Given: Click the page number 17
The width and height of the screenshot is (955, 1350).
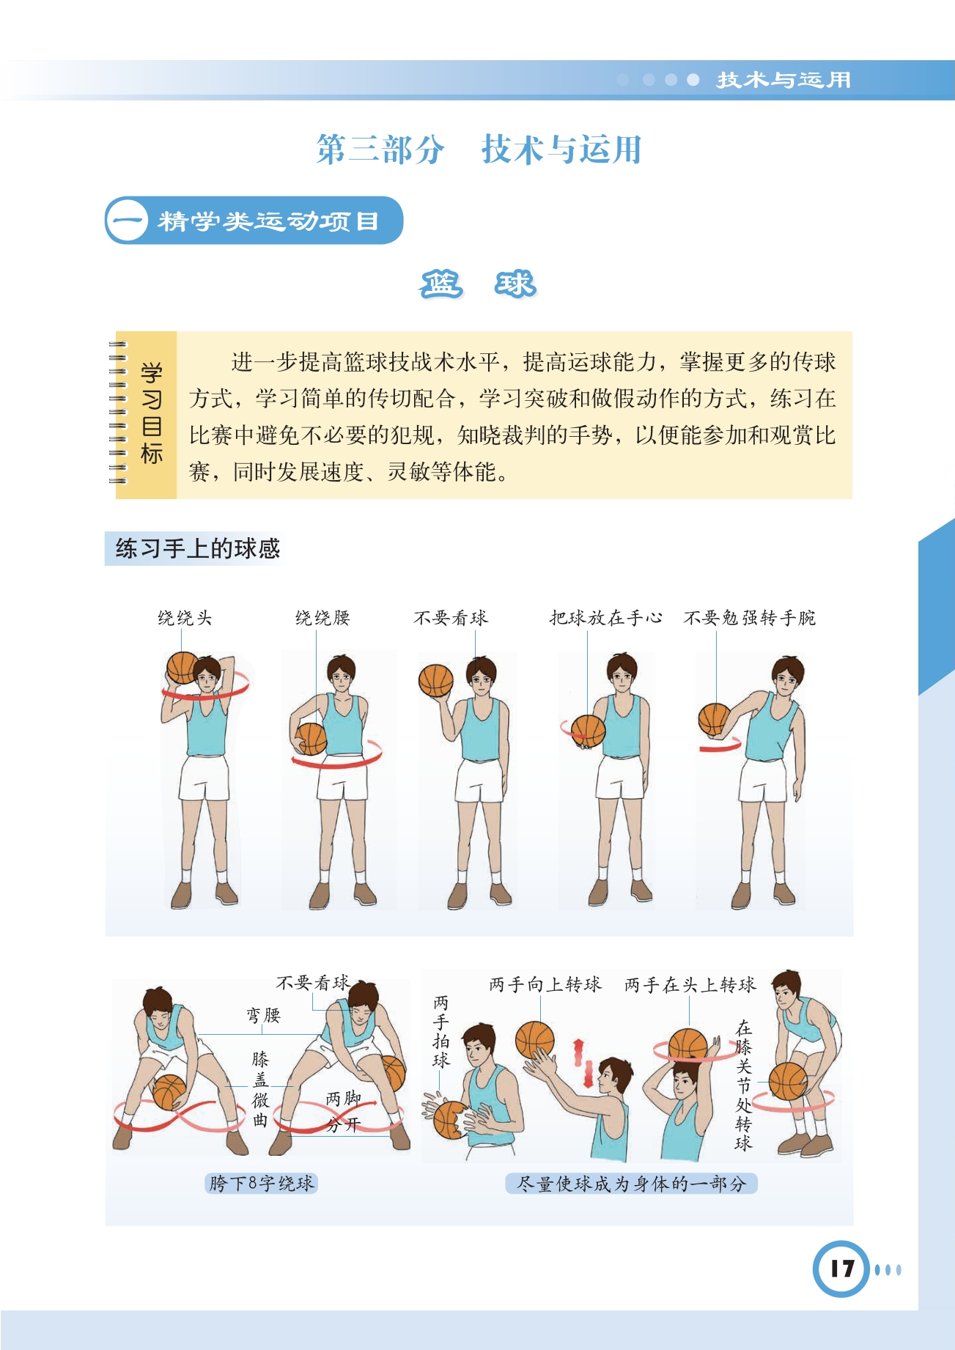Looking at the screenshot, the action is pyautogui.click(x=842, y=1269).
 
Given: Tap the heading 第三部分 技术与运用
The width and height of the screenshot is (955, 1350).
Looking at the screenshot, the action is pyautogui.click(x=479, y=150).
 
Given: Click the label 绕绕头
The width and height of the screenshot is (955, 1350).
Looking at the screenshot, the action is pyautogui.click(x=185, y=618).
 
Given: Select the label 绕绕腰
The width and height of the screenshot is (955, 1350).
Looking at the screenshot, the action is pyautogui.click(x=322, y=618).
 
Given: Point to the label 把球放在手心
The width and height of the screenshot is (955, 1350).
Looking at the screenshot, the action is pyautogui.click(x=605, y=618).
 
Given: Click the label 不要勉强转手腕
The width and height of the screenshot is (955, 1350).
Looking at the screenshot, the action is pyautogui.click(x=749, y=618).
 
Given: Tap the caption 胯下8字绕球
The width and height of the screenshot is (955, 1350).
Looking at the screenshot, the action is pyautogui.click(x=262, y=1183).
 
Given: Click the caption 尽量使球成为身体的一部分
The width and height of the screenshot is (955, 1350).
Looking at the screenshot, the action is pyautogui.click(x=631, y=1183).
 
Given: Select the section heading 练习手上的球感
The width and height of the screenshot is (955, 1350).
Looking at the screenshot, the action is pyautogui.click(x=198, y=548).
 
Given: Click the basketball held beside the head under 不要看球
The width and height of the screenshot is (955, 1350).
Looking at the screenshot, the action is pyautogui.click(x=436, y=680).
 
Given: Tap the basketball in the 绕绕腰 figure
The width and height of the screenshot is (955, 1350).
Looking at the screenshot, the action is pyautogui.click(x=311, y=739).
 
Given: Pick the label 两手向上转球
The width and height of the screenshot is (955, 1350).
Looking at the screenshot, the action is pyautogui.click(x=545, y=984).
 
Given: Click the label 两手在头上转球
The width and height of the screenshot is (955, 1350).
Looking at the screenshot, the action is pyautogui.click(x=690, y=984).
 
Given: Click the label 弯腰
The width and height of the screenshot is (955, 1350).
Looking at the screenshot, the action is pyautogui.click(x=263, y=1015).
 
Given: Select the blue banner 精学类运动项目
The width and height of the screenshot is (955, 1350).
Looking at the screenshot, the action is pyautogui.click(x=254, y=220).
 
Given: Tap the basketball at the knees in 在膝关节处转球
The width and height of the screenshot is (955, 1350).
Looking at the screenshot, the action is pyautogui.click(x=788, y=1081).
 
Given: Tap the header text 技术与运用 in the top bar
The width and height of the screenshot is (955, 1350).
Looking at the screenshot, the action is pyautogui.click(x=783, y=80).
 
